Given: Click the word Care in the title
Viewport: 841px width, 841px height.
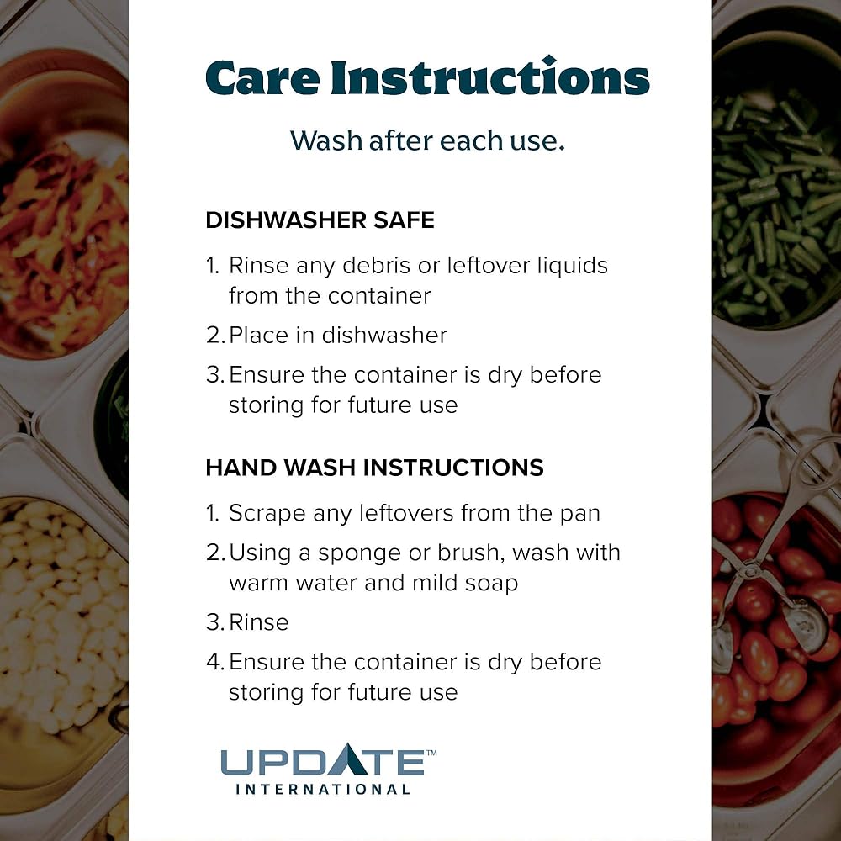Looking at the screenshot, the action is (262, 78).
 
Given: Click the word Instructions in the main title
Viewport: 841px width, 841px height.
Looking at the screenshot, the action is (490, 77).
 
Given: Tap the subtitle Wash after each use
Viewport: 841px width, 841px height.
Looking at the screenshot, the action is (427, 140).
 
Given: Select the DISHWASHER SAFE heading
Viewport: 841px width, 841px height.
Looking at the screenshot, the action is (320, 220).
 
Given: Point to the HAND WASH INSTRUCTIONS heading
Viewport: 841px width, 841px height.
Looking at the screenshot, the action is (374, 468).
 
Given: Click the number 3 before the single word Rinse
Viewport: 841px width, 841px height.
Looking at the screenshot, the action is (213, 622).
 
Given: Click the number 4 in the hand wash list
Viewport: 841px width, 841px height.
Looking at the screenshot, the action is (214, 662).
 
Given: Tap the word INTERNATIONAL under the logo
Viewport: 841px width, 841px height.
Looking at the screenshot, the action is (323, 790).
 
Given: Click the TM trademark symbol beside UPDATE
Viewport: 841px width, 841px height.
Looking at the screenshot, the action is (431, 753).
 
